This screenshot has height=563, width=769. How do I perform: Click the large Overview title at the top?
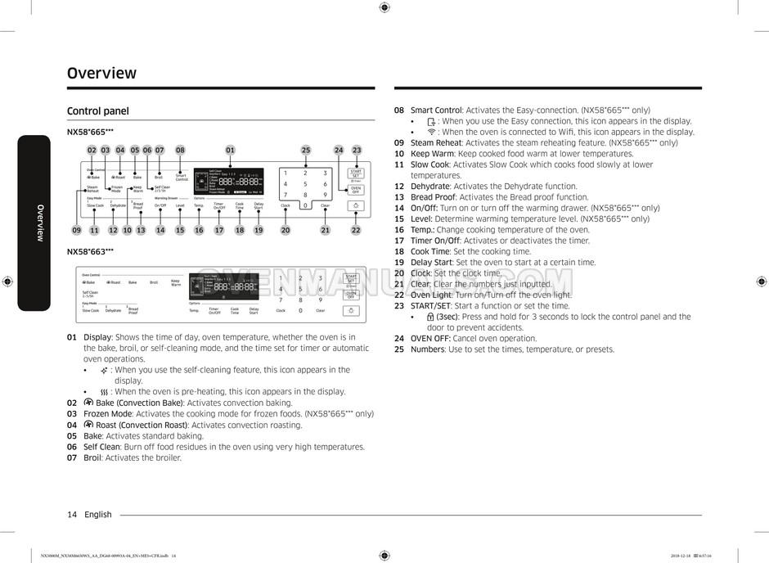(101, 73)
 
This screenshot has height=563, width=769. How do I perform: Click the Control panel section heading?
(97, 111)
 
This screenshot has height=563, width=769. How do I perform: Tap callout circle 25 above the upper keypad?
(306, 150)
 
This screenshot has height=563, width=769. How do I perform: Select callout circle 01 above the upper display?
(231, 150)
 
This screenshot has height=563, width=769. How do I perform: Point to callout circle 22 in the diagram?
(356, 231)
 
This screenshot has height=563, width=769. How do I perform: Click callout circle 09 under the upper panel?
(76, 231)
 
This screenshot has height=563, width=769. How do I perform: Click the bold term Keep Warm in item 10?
(432, 154)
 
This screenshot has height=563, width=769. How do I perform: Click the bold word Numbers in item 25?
(428, 349)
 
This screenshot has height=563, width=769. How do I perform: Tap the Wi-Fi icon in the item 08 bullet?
(431, 132)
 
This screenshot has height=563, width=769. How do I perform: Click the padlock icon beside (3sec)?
(430, 317)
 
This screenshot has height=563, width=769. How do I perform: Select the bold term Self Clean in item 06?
(101, 447)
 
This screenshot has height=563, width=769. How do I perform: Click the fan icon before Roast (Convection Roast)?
(88, 425)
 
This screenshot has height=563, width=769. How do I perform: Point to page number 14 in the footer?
(72, 515)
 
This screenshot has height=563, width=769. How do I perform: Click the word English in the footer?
(98, 515)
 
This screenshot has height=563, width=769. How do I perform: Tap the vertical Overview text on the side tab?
(39, 222)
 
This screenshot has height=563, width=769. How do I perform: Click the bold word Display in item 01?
(97, 337)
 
